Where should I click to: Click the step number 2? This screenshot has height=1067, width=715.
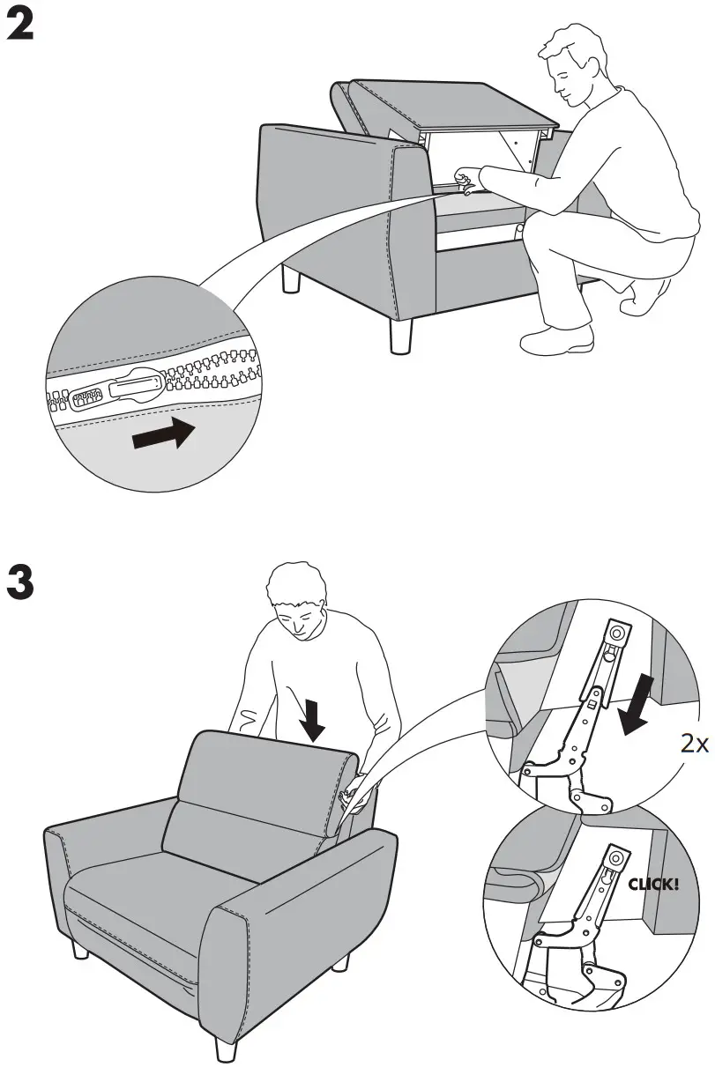20,26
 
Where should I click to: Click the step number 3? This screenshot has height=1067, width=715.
20,582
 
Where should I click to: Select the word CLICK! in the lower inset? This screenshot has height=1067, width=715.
652,883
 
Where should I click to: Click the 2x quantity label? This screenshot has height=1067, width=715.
695,743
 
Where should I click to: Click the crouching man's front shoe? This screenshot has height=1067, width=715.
555,339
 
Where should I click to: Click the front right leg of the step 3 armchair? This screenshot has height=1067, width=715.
225,1043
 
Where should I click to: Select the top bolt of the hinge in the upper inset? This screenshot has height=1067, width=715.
615,633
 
